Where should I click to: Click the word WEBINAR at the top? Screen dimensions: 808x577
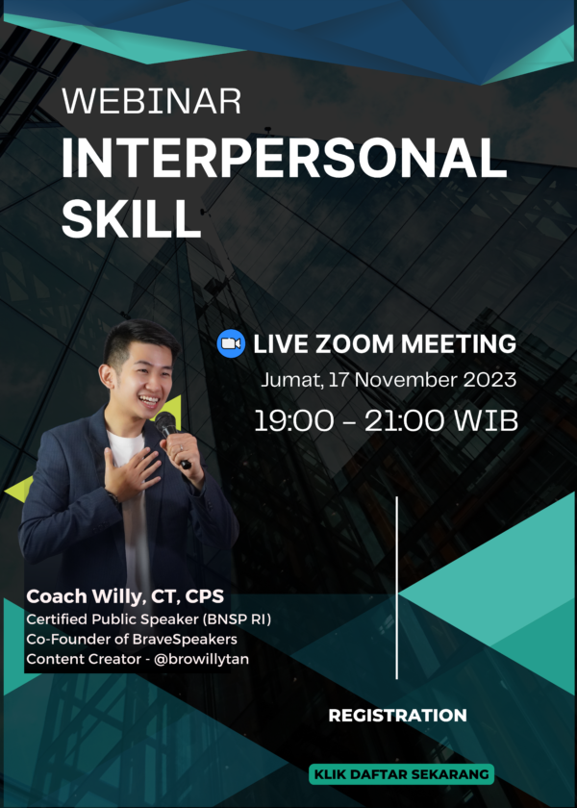click(150, 101)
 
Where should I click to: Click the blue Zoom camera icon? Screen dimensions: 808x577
click(231, 343)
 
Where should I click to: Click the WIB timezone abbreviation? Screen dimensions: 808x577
click(488, 420)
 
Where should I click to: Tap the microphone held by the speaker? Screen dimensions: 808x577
click(169, 429)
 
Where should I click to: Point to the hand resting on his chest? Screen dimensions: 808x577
click(131, 472)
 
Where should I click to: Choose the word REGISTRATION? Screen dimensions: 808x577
click(397, 716)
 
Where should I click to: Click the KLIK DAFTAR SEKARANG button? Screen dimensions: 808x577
click(401, 774)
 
